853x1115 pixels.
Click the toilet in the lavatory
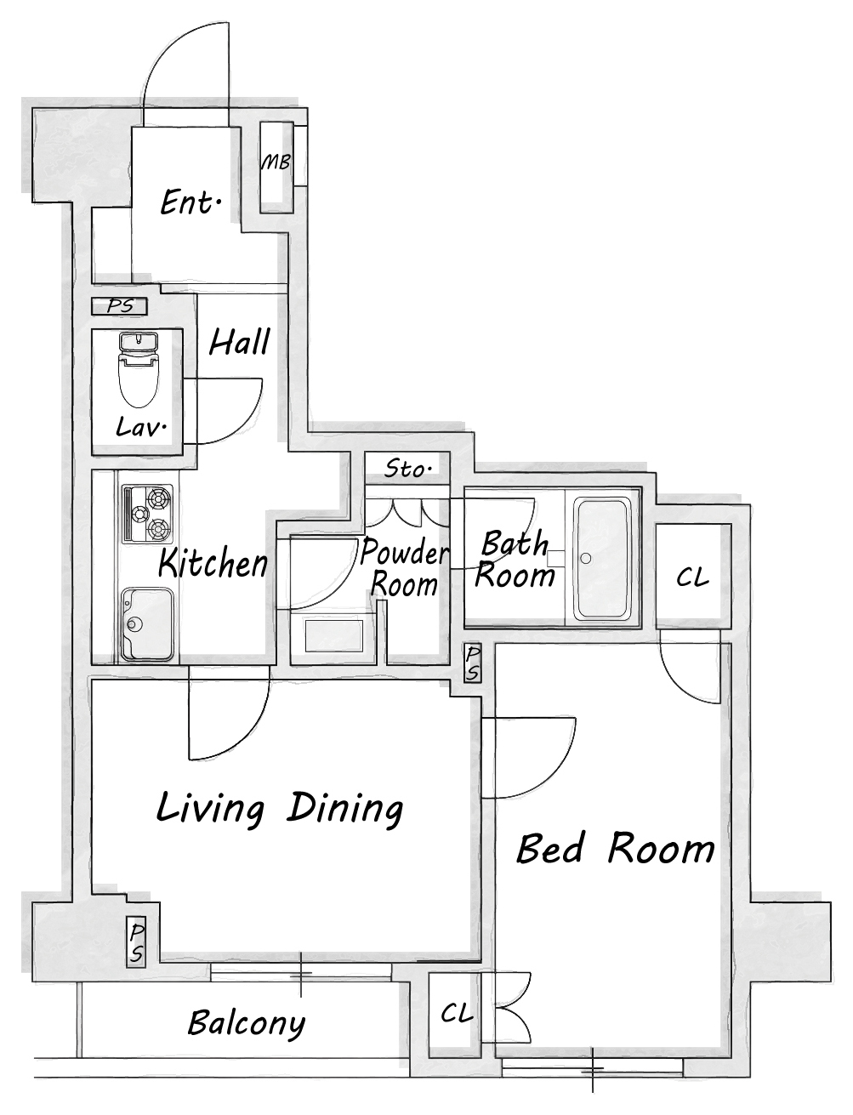[138, 370]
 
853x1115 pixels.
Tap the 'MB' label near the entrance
[276, 162]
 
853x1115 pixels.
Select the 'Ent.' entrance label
[191, 202]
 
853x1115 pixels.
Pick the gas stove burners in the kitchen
[148, 514]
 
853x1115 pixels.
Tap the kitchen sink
[147, 624]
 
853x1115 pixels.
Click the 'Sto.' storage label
[407, 469]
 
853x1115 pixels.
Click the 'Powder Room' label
[405, 568]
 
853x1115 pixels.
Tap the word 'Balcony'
[247, 1022]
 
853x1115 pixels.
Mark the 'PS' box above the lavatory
[119, 306]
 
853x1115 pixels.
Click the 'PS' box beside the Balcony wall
[136, 943]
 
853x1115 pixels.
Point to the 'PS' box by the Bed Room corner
[473, 663]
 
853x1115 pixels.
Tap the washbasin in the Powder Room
[333, 635]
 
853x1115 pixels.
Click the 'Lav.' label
[142, 427]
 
